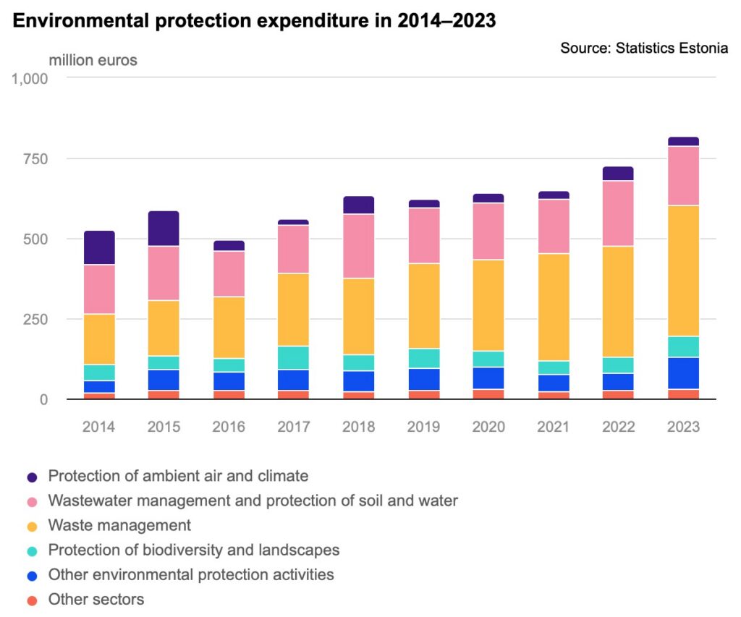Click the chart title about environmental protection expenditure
pos(254,21)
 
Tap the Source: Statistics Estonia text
pos(644,48)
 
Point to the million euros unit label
pos(93,60)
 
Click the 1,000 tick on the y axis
pos(30,78)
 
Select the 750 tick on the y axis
pos(34,159)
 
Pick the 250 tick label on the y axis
pos(34,319)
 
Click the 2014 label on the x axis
pos(99,427)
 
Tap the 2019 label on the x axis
pos(423,427)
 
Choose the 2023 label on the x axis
pos(683,427)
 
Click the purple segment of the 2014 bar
pos(99,248)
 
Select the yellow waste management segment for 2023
pos(683,271)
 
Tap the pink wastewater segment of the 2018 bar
pos(359,246)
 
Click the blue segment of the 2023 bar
pos(683,373)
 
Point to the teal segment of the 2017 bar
pos(294,358)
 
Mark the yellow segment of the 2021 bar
pos(554,307)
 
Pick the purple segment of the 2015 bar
pos(164,229)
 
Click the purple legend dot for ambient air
pos(32,477)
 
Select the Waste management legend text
pos(119,525)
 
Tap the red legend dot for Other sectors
pos(32,600)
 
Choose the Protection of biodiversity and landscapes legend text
pos(193,550)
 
